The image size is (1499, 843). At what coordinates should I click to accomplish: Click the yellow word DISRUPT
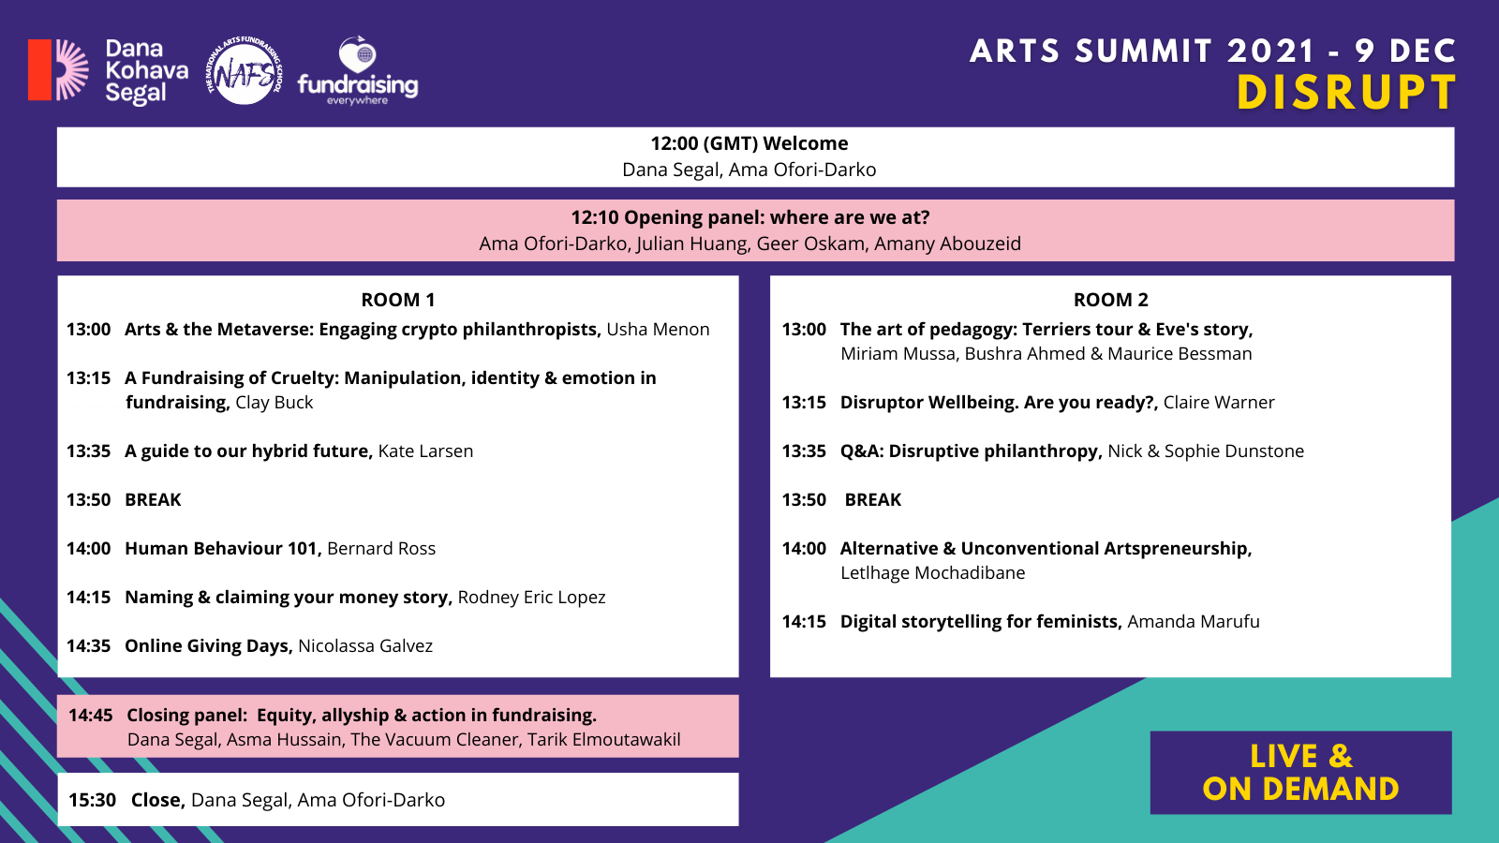tap(1346, 93)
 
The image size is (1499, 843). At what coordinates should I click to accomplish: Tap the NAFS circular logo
tap(245, 70)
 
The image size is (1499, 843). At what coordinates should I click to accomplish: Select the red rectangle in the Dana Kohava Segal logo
tap(39, 69)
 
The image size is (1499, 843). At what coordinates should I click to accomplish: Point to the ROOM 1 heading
tap(398, 300)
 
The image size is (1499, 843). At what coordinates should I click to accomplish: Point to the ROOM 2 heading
tap(1111, 300)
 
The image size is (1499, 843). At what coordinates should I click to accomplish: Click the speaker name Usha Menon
tap(658, 329)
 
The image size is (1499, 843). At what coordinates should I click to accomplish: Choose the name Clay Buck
tap(275, 402)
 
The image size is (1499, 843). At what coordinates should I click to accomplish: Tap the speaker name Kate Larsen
tap(425, 451)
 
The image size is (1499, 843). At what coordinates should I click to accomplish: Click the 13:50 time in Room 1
tap(88, 500)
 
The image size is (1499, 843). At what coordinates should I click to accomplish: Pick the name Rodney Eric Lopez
tap(531, 597)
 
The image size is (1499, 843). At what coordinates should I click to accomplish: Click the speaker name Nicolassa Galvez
tap(365, 645)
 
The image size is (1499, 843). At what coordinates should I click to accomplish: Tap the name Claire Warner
tap(1219, 402)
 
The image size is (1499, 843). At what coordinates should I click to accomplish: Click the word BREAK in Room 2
tap(872, 500)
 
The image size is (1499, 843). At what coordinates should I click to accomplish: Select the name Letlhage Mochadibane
tap(933, 572)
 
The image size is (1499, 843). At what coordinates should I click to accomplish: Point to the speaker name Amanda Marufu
tap(1194, 622)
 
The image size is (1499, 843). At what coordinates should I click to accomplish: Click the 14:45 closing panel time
tap(90, 716)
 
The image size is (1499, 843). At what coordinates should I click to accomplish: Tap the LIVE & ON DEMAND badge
tap(1301, 773)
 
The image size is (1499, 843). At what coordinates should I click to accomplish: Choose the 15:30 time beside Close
tap(92, 800)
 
